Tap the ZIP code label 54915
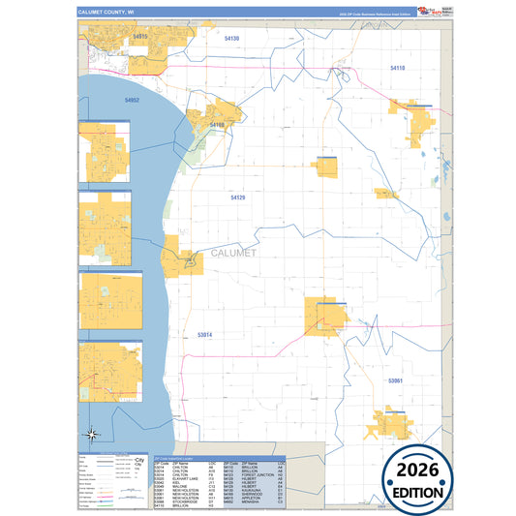click(x=139, y=37)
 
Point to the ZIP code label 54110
click(x=398, y=68)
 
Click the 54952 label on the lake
click(x=132, y=100)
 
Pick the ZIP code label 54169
click(x=217, y=125)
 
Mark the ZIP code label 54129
click(x=238, y=197)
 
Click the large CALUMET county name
click(x=233, y=254)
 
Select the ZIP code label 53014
click(x=204, y=334)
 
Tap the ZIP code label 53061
click(x=395, y=381)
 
